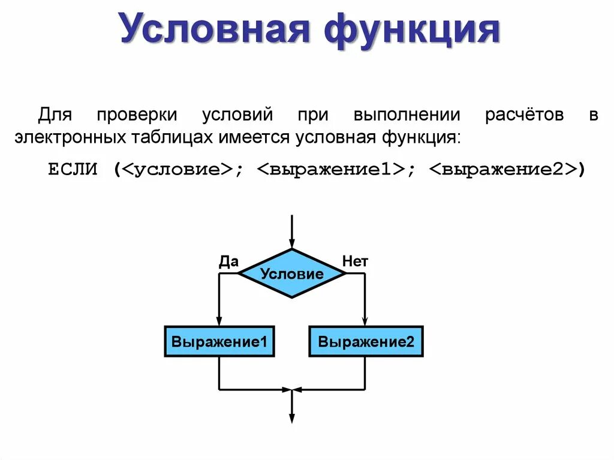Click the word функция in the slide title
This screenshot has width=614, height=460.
413,29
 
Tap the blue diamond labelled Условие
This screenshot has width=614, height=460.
292,274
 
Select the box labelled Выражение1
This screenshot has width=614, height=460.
219,342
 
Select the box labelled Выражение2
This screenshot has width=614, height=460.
366,342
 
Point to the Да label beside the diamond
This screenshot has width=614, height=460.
229,261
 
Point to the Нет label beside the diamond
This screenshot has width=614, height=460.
355,261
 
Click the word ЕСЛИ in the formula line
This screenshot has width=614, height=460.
72,170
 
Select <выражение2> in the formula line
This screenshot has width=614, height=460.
503,170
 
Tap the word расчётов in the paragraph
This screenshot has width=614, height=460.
525,115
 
